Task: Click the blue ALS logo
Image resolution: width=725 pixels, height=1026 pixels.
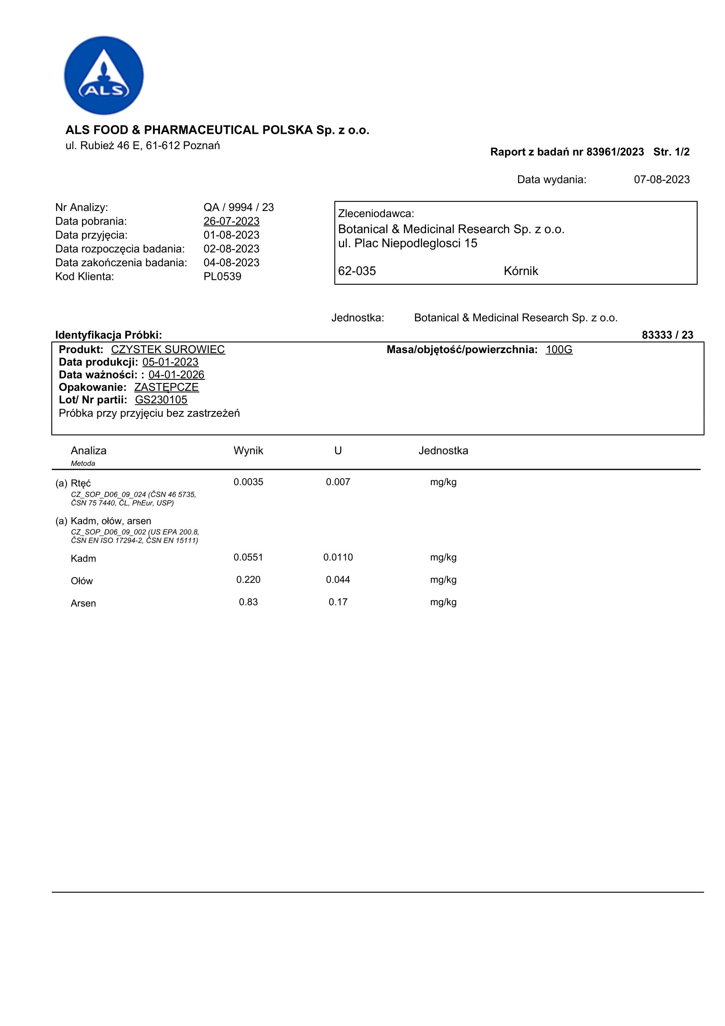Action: [103, 75]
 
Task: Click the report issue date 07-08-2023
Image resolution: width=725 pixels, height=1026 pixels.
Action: [661, 180]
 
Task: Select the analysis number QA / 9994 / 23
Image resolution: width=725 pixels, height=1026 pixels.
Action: [238, 207]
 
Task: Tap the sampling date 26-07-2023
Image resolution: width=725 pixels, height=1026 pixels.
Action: [231, 221]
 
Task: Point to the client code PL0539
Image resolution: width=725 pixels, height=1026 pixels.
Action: [222, 277]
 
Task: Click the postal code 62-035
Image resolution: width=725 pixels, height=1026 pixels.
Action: [357, 271]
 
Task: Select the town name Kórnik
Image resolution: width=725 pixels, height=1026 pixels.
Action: [521, 271]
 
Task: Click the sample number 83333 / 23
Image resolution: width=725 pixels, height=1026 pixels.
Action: [667, 335]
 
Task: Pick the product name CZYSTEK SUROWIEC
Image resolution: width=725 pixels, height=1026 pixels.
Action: [168, 350]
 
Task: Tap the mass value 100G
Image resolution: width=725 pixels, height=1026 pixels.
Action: [558, 350]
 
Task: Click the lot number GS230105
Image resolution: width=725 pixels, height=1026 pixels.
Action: [161, 400]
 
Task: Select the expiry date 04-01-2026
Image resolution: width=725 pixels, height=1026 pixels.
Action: [176, 375]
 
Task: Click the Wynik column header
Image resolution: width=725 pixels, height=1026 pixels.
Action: [248, 450]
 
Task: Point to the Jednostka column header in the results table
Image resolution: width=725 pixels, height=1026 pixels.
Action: [443, 450]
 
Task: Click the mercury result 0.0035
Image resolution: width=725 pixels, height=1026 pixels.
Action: [248, 482]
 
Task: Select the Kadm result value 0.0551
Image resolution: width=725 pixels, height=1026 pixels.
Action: [248, 557]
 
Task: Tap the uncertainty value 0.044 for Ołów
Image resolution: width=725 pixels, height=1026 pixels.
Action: [338, 579]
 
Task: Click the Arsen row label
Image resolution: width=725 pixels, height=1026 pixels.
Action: [83, 603]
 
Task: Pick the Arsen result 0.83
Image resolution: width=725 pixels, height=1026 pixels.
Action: [248, 602]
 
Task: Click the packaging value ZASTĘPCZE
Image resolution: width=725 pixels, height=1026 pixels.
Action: [167, 387]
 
